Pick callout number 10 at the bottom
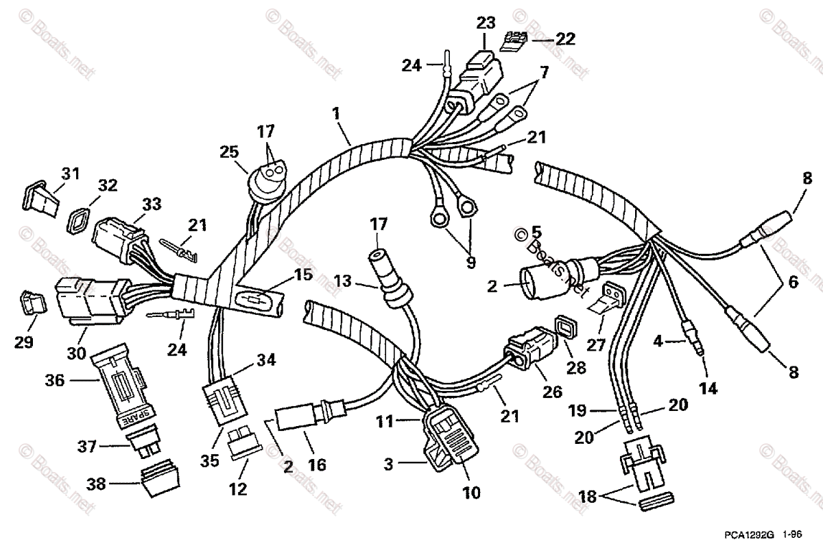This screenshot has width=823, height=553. click(471, 493)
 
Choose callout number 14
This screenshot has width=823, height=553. click(708, 388)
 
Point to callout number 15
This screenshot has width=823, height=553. click(303, 276)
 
